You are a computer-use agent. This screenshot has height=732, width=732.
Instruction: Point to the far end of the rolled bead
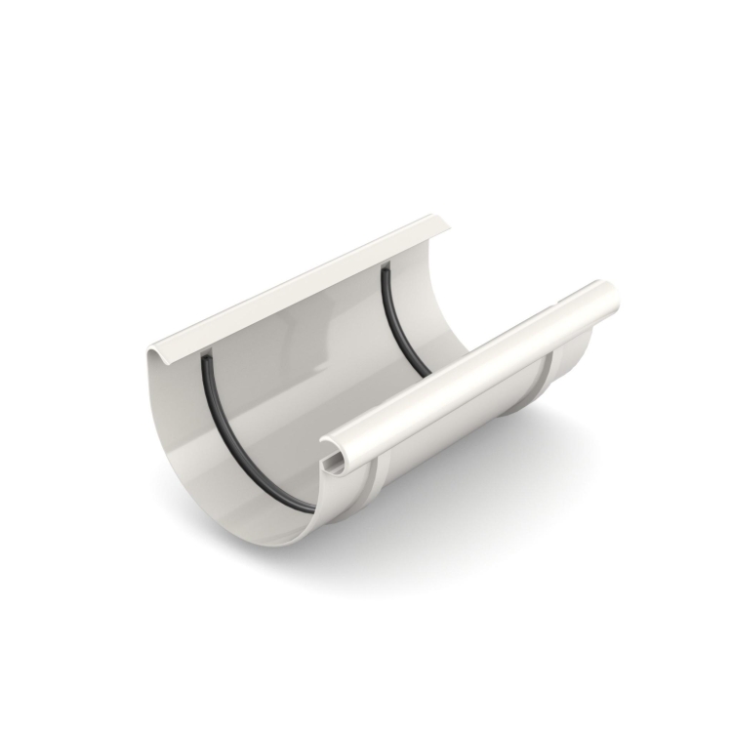click(x=609, y=294)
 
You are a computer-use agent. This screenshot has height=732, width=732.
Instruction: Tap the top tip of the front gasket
click(x=206, y=358)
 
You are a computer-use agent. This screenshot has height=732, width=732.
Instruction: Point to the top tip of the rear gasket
click(x=386, y=267)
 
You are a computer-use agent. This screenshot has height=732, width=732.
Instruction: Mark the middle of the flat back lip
click(x=303, y=287)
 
